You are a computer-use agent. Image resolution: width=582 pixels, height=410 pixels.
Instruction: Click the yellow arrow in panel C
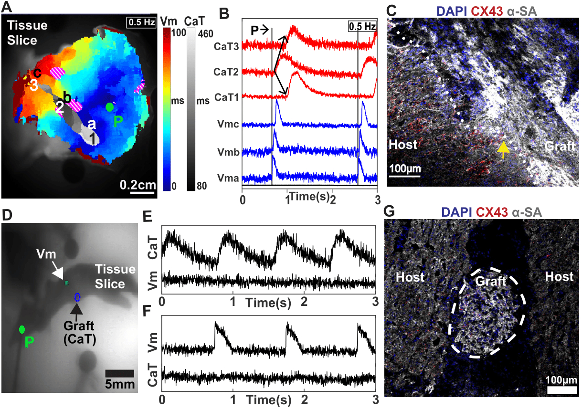[x=503, y=148]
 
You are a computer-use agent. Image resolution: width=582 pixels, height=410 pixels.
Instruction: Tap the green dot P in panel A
[x=110, y=106]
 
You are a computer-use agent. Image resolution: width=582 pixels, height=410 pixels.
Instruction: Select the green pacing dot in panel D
[x=21, y=329]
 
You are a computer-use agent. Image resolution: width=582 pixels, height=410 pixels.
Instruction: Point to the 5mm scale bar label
[x=119, y=383]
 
